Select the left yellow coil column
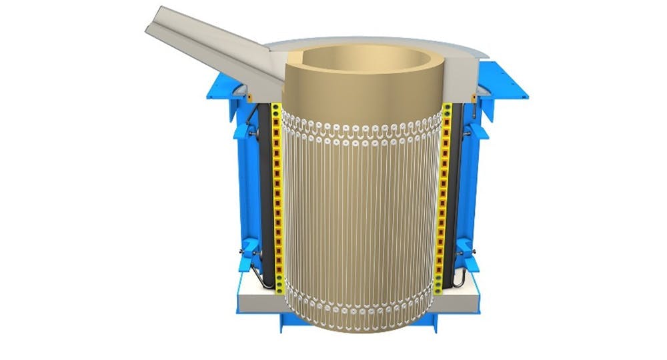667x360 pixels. pyautogui.click(x=278, y=200)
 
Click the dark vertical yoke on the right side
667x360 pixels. pyautogui.click(x=457, y=193)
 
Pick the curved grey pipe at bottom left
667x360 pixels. pyautogui.click(x=263, y=280)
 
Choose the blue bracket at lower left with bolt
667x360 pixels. pyautogui.click(x=248, y=253)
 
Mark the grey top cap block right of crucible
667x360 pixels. pyautogui.click(x=463, y=77)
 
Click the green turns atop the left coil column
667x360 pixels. pyautogui.click(x=276, y=110)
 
